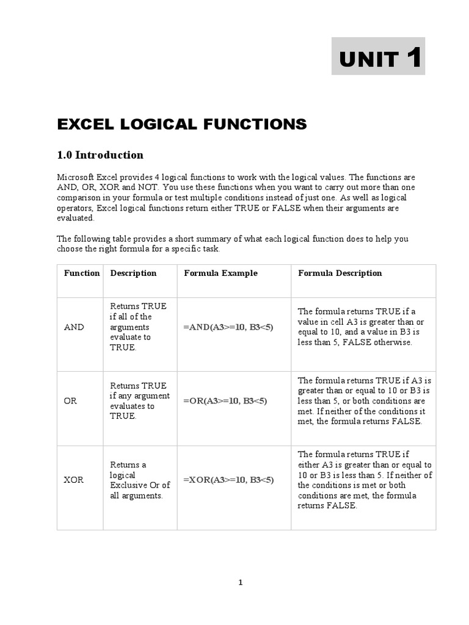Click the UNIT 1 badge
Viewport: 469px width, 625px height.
point(378,56)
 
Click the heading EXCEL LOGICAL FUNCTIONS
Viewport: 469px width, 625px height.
point(181,125)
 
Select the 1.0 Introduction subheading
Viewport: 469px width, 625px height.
point(100,155)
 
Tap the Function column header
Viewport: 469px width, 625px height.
point(81,273)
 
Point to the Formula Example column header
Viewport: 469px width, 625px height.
point(220,273)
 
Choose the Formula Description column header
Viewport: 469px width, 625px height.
point(340,273)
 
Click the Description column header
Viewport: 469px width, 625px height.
point(133,273)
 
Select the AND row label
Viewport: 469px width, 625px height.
point(74,327)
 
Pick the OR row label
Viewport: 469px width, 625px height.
point(70,401)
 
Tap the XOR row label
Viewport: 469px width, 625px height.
point(73,480)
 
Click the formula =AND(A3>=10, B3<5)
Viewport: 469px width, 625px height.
point(228,327)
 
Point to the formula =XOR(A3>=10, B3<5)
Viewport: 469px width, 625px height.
point(228,480)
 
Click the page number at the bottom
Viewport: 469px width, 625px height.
point(241,582)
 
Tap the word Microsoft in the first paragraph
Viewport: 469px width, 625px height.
point(77,177)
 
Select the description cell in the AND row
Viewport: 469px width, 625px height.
point(138,327)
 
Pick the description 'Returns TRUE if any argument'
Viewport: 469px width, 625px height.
point(138,401)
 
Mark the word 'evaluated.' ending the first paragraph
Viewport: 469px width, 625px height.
point(76,218)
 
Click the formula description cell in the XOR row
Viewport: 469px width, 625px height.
point(364,480)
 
